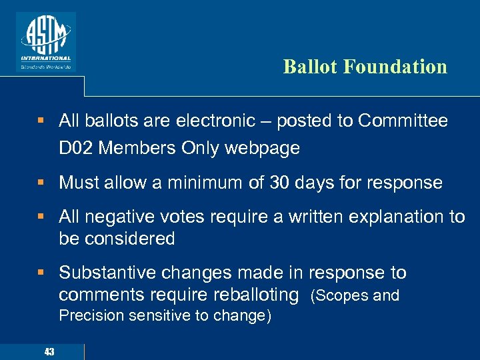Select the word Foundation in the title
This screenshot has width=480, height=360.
(396, 67)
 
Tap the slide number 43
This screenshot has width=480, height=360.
(49, 351)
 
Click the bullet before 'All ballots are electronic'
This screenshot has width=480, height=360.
(41, 121)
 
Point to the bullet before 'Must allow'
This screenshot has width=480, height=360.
(41, 183)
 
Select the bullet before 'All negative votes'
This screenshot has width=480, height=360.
(41, 217)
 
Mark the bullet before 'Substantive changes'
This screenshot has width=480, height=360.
(41, 273)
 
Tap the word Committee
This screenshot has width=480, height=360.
(403, 121)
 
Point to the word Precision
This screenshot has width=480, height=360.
(89, 316)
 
